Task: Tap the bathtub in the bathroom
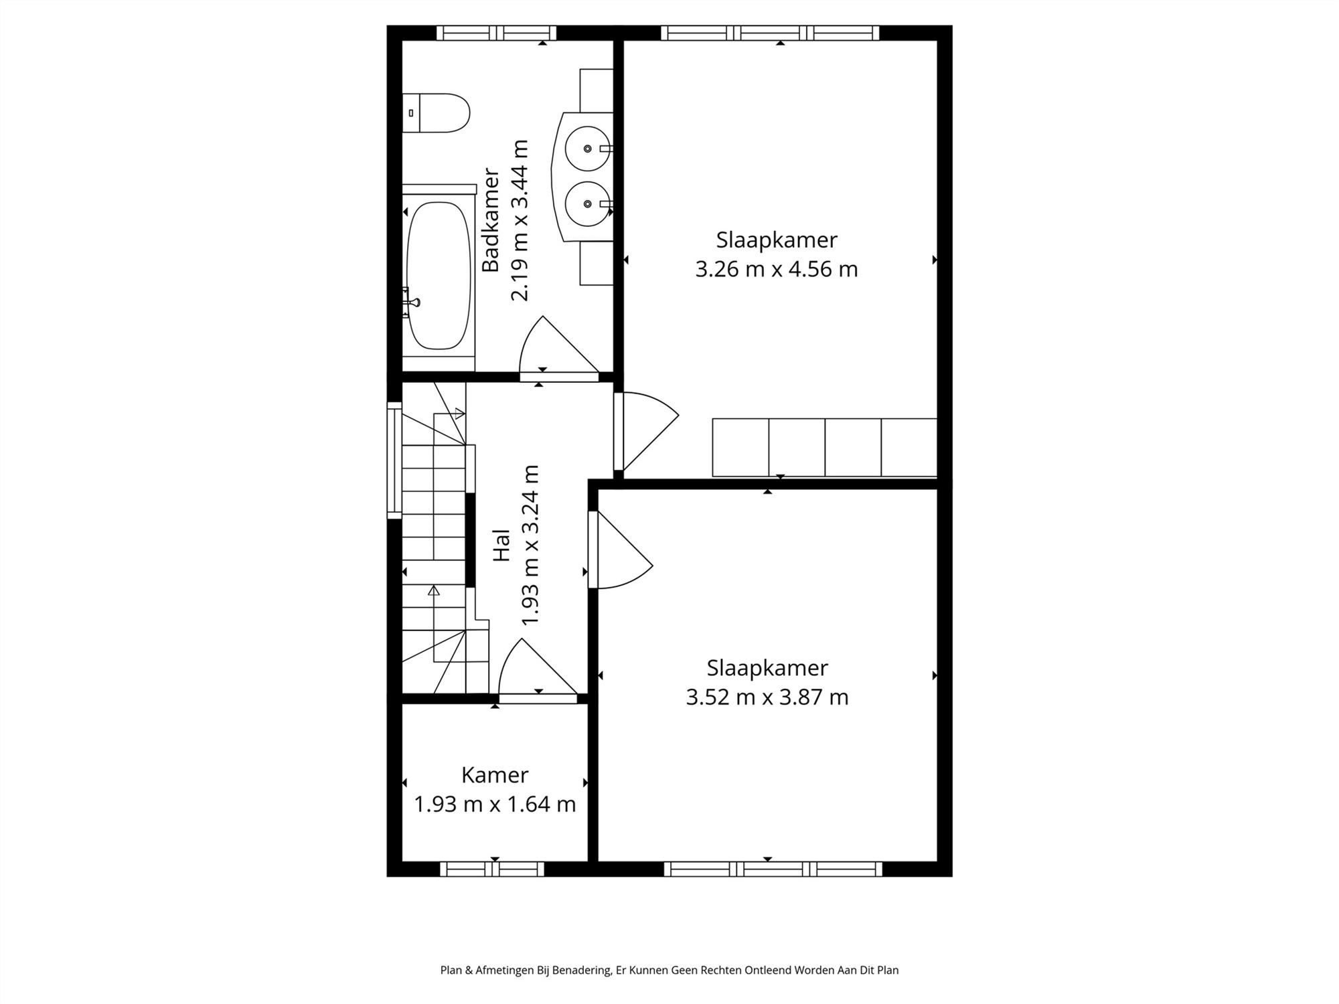[439, 275]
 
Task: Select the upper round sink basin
[587, 149]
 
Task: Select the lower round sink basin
[587, 203]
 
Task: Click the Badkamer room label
[491, 220]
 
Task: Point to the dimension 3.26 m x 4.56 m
[776, 269]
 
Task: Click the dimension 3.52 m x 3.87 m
[767, 697]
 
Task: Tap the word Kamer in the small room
[495, 775]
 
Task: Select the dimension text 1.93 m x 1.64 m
[495, 804]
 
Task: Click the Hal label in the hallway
[501, 545]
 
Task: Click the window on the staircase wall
[394, 460]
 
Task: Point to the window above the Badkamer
[496, 33]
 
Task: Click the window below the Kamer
[492, 869]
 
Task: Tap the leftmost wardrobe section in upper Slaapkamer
[740, 448]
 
